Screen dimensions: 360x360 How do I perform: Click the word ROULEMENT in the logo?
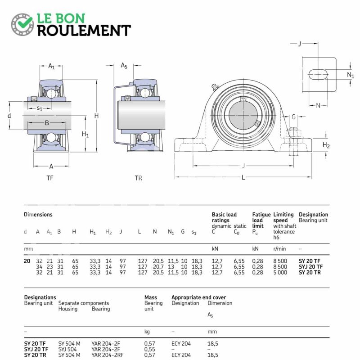tap(84, 30)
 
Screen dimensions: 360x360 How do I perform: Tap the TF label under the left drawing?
tap(50, 178)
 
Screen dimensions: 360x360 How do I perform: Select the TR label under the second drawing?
tap(139, 178)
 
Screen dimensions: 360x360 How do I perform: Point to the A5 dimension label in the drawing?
tap(124, 66)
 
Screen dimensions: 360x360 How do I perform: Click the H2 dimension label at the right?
tap(326, 145)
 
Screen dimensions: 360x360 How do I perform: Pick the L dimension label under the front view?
tap(243, 177)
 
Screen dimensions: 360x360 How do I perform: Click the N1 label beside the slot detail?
tap(350, 75)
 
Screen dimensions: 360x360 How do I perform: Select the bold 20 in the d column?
tap(27, 261)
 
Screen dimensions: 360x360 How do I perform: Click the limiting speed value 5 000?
tap(280, 272)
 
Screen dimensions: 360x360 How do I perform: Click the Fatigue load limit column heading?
tap(261, 220)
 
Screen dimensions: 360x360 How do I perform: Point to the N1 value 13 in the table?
tap(171, 266)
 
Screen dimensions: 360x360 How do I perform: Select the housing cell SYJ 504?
tap(68, 349)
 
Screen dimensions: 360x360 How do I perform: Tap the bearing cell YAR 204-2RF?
tap(107, 355)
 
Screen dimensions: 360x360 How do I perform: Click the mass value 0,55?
tap(149, 349)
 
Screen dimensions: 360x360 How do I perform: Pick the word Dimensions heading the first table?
tap(38, 215)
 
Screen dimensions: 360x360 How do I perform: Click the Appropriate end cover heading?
tap(198, 297)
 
